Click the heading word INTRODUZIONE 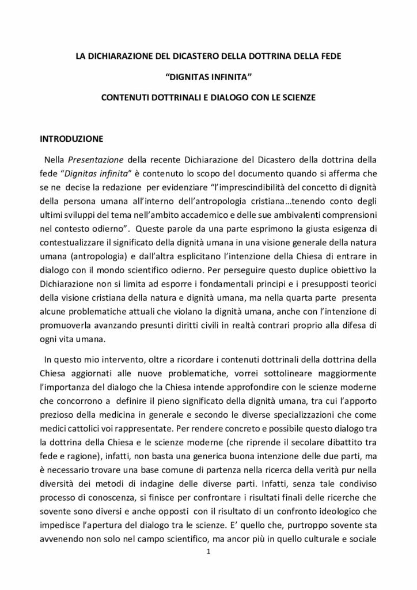(71, 139)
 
